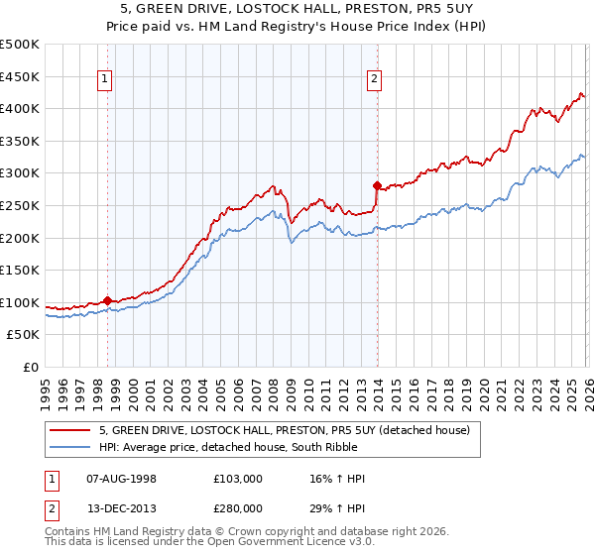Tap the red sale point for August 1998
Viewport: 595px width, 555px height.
click(x=107, y=300)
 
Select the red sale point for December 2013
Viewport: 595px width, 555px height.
click(x=377, y=185)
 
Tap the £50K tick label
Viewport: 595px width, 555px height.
click(x=24, y=335)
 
